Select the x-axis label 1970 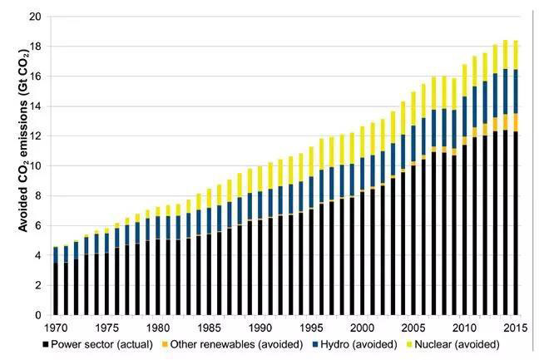[x=57, y=328]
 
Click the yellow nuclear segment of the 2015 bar [x=517, y=55]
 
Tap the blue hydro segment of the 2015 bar [x=517, y=91]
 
